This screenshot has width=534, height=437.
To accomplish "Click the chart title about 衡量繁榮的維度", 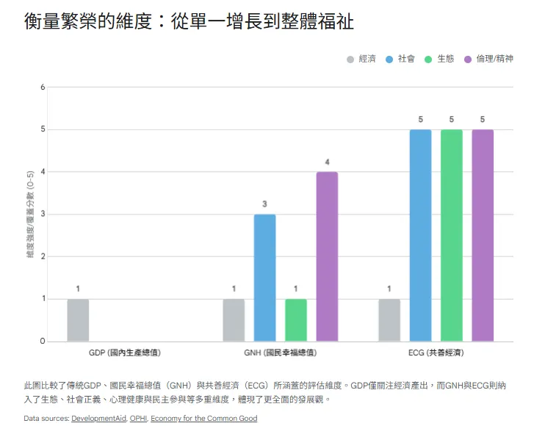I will click(x=189, y=22).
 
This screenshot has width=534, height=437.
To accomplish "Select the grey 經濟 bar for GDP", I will click(x=78, y=320).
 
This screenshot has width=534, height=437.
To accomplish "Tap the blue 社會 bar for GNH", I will click(x=264, y=278).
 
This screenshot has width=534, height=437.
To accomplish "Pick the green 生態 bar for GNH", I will click(x=296, y=320).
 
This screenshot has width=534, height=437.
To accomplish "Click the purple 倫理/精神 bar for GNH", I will click(x=327, y=256).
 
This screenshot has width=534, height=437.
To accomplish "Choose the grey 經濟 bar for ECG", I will click(x=389, y=320).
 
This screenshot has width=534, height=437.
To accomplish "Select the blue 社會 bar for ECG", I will click(x=420, y=235).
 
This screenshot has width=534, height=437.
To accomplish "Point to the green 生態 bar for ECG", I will click(x=452, y=235).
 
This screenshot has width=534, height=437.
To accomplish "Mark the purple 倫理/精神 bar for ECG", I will click(x=483, y=235).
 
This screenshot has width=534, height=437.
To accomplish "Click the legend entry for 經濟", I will click(x=361, y=59).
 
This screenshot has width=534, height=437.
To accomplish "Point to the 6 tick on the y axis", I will click(x=43, y=87).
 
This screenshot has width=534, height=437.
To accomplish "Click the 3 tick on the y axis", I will click(x=43, y=214).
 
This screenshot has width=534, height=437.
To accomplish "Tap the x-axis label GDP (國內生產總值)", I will click(x=124, y=353).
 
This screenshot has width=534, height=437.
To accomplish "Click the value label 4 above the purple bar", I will click(x=327, y=162).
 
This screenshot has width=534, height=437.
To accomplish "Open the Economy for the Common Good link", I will click(x=204, y=419).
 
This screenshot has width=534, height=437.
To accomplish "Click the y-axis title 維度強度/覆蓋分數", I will click(x=31, y=214).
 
